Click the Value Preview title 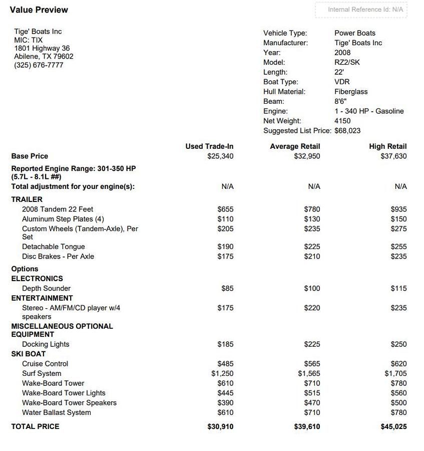click(39, 10)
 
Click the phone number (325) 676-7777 click(39, 65)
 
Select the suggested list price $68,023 click(347, 131)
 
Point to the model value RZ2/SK click(347, 63)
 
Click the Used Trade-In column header click(209, 146)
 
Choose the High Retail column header click(387, 146)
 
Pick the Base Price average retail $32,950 click(307, 156)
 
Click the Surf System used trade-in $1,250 click(222, 374)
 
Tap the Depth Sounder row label click(46, 289)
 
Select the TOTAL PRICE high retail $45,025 click(393, 427)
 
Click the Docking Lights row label click(46, 344)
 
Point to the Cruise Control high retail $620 click(398, 364)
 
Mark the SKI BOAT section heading click(29, 354)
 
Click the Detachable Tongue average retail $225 click(312, 247)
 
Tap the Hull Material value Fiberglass click(351, 92)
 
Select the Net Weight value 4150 click(342, 121)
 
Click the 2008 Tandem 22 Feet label click(58, 209)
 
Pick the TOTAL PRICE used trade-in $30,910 click(220, 427)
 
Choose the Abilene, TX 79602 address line click(44, 57)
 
